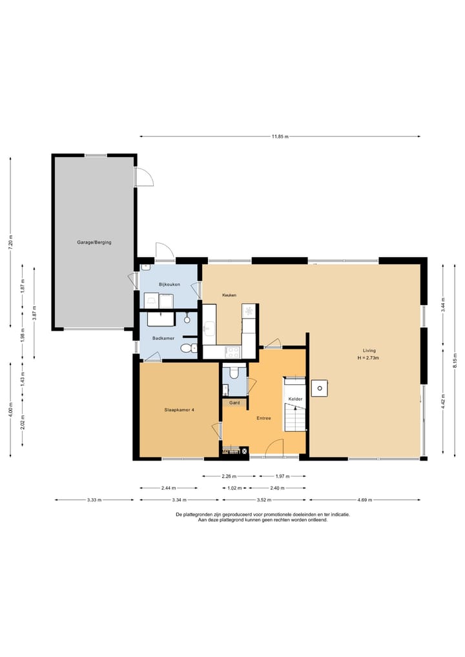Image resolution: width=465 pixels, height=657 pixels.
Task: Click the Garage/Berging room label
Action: click(x=94, y=242)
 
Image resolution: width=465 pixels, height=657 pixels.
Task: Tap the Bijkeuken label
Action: click(x=169, y=284)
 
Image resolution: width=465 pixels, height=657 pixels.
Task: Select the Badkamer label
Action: click(x=163, y=338)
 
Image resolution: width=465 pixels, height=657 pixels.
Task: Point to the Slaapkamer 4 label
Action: click(x=179, y=410)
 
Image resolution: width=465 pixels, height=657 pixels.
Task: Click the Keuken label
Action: click(x=229, y=295)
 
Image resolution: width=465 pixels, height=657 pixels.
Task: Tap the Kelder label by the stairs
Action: click(x=295, y=399)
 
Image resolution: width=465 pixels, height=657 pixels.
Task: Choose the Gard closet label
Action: click(x=234, y=402)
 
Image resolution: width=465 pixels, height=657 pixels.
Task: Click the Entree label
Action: click(x=264, y=418)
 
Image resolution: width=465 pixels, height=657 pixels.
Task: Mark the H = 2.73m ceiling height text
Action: click(x=368, y=358)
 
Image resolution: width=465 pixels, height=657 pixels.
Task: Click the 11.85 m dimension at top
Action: click(x=280, y=136)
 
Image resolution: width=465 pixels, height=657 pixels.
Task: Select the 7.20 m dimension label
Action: click(x=11, y=242)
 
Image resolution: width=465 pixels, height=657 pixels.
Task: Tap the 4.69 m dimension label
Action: click(x=364, y=500)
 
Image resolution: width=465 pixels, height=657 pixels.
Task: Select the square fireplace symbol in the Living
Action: click(x=319, y=388)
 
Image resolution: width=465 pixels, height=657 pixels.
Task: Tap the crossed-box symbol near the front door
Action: click(x=245, y=451)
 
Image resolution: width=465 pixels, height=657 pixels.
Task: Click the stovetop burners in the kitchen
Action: click(x=232, y=352)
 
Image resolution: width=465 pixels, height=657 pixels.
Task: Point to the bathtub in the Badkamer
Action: click(x=160, y=319)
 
